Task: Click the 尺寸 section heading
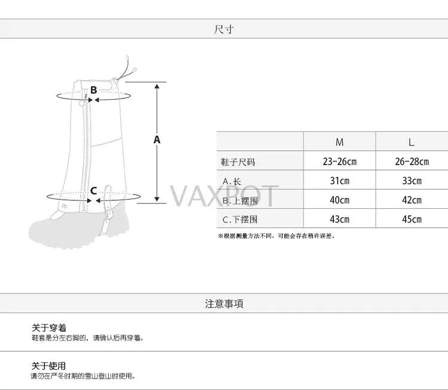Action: [x=224, y=29]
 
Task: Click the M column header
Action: [x=339, y=142]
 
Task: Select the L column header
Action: [x=411, y=142]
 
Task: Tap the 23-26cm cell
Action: [x=339, y=162]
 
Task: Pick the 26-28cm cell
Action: [x=411, y=162]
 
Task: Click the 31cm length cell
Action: [x=339, y=181]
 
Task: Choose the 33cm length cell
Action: [x=411, y=181]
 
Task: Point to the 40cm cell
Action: [x=339, y=200]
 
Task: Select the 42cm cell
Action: [x=411, y=200]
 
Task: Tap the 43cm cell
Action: [x=339, y=219]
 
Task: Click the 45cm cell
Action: [x=411, y=219]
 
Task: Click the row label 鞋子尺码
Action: [x=238, y=162]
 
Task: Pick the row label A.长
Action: [x=232, y=181]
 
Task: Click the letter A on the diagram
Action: [x=157, y=140]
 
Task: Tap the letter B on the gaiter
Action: [x=93, y=91]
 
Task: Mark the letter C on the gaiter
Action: [x=93, y=191]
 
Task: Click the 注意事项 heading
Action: [x=224, y=304]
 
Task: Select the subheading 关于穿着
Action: [x=49, y=328]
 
